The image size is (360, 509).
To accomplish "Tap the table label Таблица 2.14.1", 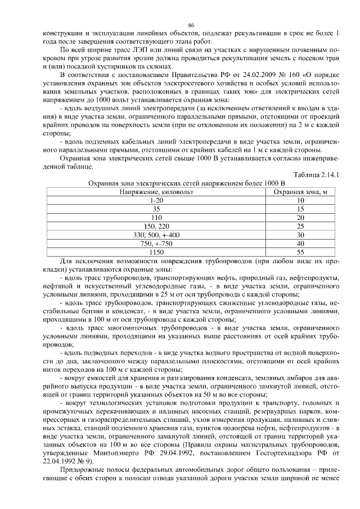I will [x=321, y=175].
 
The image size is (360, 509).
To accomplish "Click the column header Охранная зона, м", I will [x=300, y=191].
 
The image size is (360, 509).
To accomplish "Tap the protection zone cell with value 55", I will [x=300, y=251].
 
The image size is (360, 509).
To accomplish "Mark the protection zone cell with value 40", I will [x=300, y=243].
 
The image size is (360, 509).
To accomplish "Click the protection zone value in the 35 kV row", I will [x=300, y=209].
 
